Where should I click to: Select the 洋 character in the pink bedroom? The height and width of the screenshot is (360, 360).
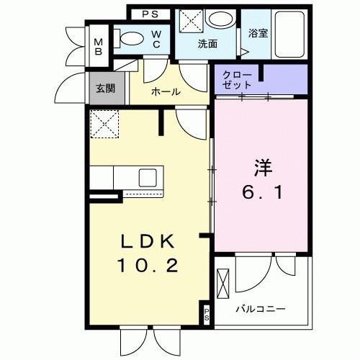click(261, 166)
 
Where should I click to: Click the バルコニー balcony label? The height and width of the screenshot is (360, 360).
click(261, 309)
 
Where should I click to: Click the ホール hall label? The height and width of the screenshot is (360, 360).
click(166, 92)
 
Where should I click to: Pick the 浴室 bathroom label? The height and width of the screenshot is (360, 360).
click(258, 33)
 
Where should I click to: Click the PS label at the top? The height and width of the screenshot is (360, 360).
click(149, 14)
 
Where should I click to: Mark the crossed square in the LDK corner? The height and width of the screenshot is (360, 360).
click(104, 123)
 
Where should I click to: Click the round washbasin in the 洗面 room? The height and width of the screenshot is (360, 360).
click(217, 22)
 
